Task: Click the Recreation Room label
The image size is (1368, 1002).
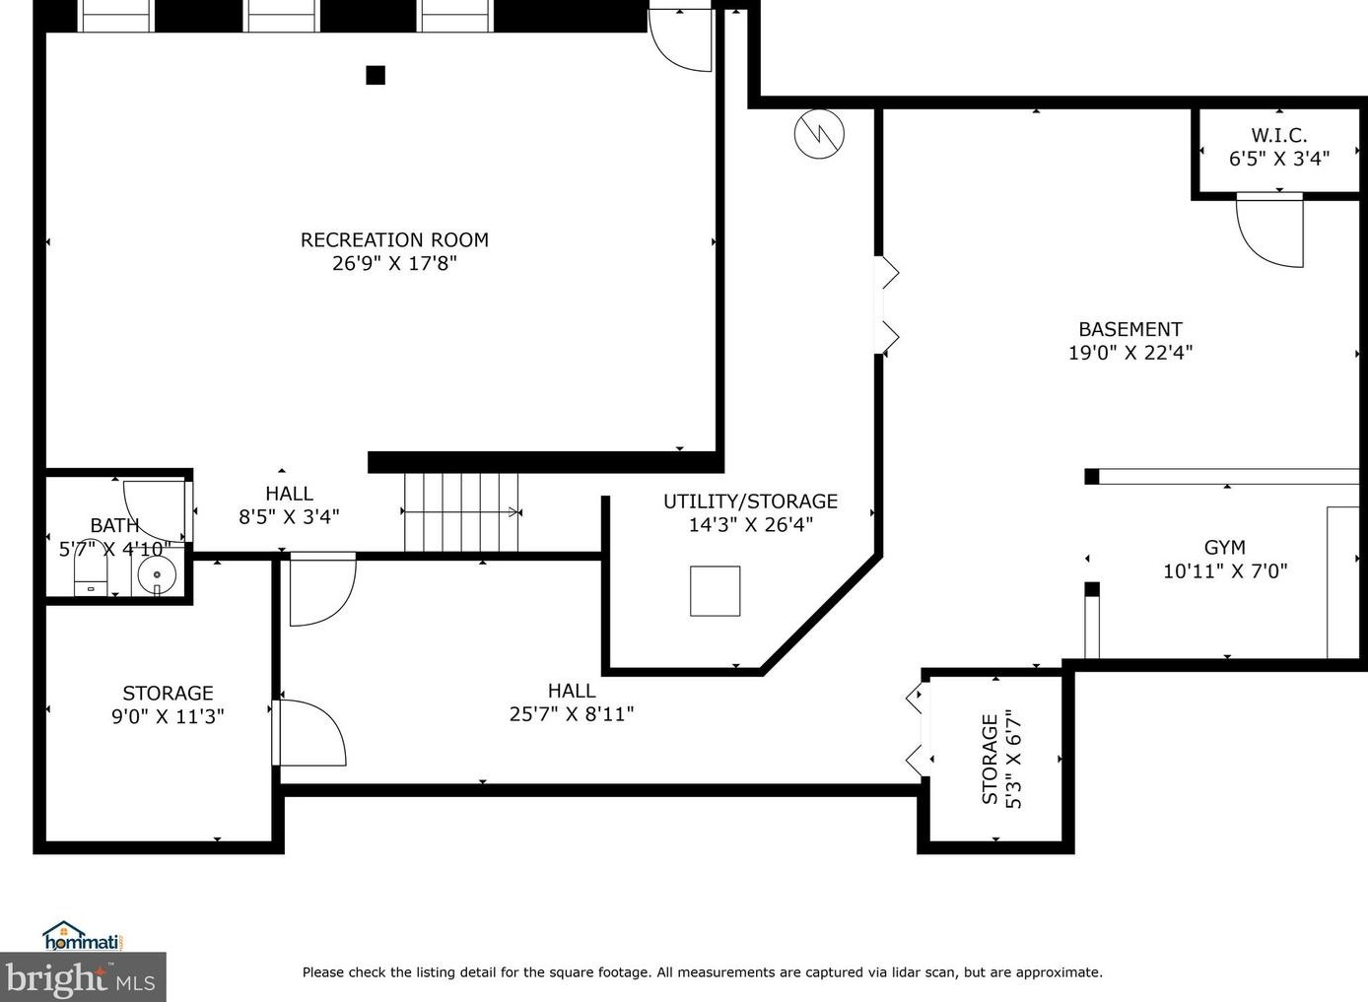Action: [x=394, y=240]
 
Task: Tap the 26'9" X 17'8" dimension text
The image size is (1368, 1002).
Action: [x=394, y=263]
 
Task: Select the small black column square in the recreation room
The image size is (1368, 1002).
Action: [x=376, y=75]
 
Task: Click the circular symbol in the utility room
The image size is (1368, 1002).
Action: [x=819, y=134]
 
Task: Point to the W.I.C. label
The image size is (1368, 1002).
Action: [x=1279, y=135]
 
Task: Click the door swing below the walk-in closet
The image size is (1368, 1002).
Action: [x=1269, y=231]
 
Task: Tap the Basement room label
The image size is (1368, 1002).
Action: [x=1130, y=330]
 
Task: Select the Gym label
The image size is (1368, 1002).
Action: [x=1224, y=548]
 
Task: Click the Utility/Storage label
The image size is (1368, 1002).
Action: [x=751, y=501]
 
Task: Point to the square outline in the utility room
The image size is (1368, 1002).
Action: [x=716, y=591]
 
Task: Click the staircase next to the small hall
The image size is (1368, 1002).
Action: [x=461, y=512]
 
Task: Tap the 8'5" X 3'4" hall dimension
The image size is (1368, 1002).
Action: [x=289, y=517]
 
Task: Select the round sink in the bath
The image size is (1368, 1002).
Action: [x=157, y=574]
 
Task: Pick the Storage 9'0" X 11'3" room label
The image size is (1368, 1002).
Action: [x=168, y=704]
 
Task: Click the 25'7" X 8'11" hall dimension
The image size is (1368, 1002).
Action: [x=572, y=713]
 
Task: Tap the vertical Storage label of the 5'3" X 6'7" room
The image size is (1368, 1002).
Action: [x=990, y=759]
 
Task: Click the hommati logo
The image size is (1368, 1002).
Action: [x=83, y=936]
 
